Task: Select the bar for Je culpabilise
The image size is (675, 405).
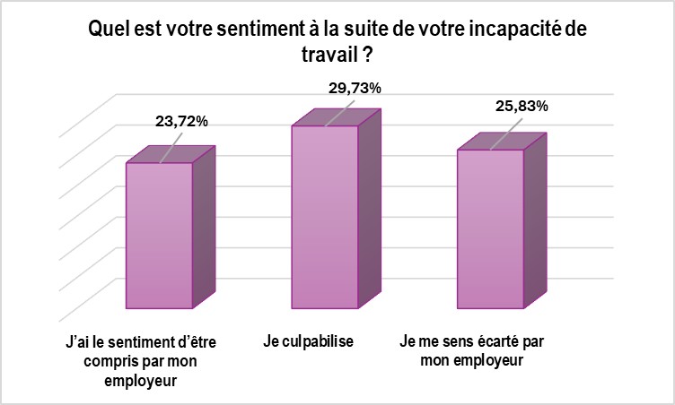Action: (x=324, y=216)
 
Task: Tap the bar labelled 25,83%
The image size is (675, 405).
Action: (x=490, y=228)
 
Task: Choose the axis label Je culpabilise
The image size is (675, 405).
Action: (x=307, y=342)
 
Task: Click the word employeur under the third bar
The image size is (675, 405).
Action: (x=485, y=361)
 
